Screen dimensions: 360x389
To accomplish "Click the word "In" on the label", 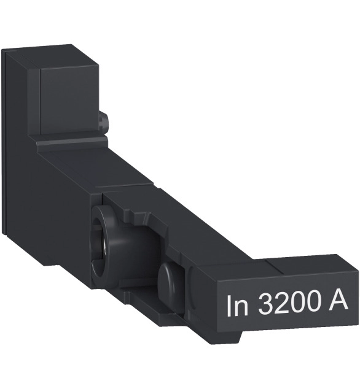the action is point(237,306).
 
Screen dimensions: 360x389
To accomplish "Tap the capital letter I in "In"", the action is point(229,306).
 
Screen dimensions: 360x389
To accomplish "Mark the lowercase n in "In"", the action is point(241,308).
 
